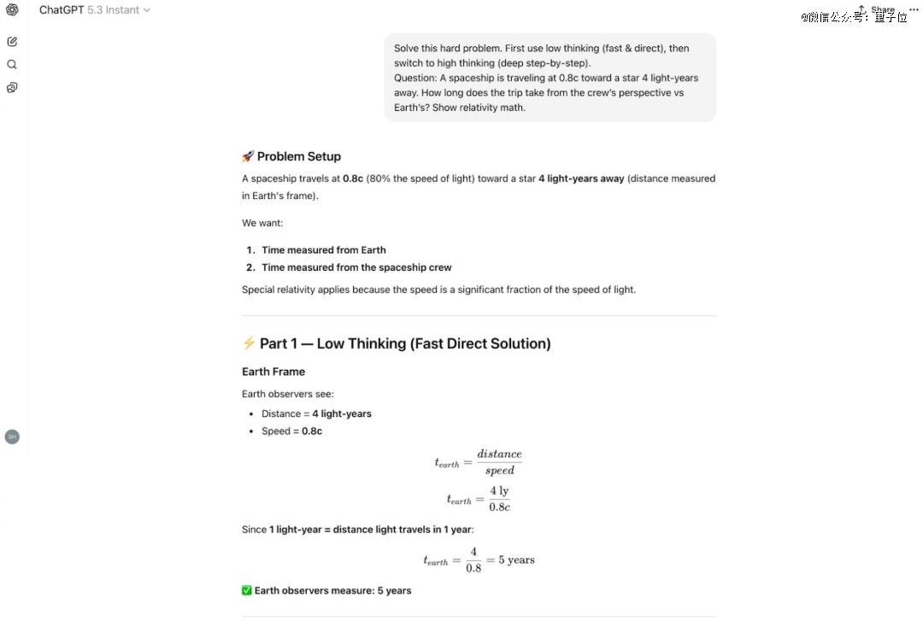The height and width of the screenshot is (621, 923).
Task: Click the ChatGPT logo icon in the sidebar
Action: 12,10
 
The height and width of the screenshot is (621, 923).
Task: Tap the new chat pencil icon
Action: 12,41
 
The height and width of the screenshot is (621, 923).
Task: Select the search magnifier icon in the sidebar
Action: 12,64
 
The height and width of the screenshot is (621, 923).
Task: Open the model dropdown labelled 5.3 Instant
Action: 119,10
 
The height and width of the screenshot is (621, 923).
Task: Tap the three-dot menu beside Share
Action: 914,9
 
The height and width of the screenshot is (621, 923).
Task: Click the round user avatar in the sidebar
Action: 12,436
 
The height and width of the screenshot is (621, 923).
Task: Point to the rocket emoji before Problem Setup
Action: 248,156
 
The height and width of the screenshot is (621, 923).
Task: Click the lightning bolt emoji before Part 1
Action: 249,343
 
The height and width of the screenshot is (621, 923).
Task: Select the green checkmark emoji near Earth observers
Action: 247,590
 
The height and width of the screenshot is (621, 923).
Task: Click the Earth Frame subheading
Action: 273,372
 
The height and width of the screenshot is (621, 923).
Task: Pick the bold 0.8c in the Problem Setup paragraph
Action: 353,179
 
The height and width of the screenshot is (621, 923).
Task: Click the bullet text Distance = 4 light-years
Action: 316,413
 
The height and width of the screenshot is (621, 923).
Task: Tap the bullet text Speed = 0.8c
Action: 291,431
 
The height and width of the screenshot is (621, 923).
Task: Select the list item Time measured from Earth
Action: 323,250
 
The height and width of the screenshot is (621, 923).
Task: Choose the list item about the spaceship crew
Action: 356,267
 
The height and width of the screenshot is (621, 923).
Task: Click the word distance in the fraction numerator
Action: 499,454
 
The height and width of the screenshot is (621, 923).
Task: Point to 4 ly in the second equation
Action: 499,491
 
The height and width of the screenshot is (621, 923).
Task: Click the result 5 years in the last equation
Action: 516,560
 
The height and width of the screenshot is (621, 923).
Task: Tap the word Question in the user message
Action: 414,78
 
